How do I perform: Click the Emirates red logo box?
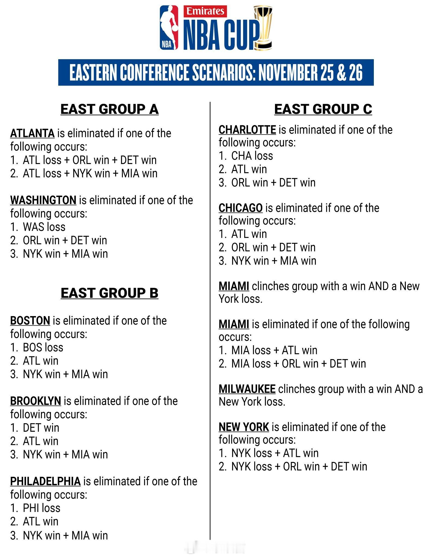(x=206, y=11)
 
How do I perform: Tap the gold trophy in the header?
(x=263, y=29)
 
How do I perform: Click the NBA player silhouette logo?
(x=169, y=28)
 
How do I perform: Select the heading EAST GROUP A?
(x=109, y=109)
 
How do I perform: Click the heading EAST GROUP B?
(x=109, y=293)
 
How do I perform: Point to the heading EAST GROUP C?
(x=323, y=109)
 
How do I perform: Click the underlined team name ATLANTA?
(x=32, y=134)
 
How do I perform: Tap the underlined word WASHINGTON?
(x=43, y=200)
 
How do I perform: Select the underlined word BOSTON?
(x=30, y=321)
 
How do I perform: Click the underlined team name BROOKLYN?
(x=36, y=401)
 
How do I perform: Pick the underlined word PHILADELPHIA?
(x=45, y=481)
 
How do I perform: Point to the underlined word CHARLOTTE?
(x=247, y=130)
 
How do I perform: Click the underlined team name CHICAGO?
(x=240, y=208)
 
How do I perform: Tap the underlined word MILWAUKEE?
(x=247, y=389)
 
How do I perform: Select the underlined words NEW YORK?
(x=244, y=427)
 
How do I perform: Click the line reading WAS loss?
(x=44, y=227)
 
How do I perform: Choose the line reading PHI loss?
(x=41, y=508)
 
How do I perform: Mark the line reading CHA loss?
(x=252, y=156)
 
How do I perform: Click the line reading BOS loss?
(x=43, y=347)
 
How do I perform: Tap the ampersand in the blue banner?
(x=340, y=73)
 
